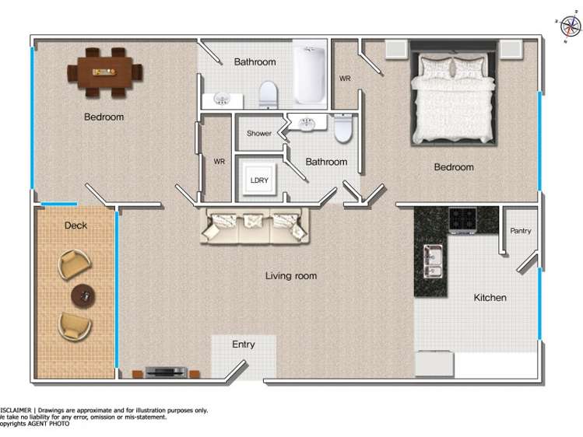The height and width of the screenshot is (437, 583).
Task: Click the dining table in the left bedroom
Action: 104,72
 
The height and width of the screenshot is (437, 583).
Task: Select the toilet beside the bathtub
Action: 268,94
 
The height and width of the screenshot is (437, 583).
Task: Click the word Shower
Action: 259,134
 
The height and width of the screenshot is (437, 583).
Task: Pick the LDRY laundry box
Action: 259,180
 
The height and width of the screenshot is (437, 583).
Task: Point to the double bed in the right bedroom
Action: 453,97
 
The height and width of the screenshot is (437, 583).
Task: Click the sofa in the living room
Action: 255,226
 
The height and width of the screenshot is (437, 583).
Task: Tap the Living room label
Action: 290,276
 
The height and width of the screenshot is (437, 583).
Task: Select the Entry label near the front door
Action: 244,344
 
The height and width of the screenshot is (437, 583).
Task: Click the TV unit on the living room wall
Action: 164,372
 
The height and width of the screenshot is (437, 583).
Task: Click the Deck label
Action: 76,225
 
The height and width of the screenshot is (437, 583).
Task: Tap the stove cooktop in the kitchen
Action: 462,219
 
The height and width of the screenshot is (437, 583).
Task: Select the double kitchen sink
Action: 433,261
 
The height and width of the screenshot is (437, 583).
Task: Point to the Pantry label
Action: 521,231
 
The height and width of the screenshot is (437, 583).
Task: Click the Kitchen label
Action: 490,298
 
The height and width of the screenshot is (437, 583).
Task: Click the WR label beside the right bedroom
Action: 345,79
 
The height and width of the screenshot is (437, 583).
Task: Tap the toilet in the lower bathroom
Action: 343,128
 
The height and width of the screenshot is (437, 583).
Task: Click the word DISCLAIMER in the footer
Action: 16,410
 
